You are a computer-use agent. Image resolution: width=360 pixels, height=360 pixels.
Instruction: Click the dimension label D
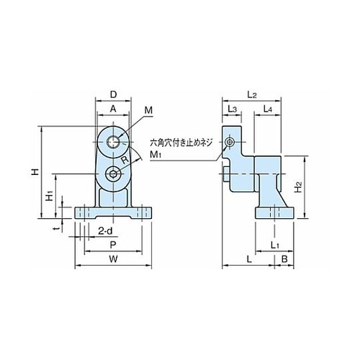tap(113, 94)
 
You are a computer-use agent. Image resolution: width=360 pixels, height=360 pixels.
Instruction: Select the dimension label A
tap(113, 109)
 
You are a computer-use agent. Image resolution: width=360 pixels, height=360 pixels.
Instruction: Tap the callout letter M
tap(148, 110)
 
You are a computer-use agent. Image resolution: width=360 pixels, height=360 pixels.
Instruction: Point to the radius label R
tap(125, 160)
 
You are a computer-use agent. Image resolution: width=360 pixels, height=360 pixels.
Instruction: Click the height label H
tap(35, 172)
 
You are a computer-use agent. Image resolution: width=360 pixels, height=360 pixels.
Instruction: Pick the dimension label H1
tap(49, 196)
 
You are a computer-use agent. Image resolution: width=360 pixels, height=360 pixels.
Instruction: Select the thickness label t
tap(57, 229)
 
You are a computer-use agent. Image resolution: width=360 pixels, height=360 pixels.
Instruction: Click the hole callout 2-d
tap(105, 231)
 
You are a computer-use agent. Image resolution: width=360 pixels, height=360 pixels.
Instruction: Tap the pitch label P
tap(113, 245)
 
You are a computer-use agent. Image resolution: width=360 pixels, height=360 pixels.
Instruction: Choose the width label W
tap(113, 259)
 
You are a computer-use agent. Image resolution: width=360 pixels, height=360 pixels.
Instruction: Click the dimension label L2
tap(252, 95)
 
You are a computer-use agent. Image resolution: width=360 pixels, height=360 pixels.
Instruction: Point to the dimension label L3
tap(232, 109)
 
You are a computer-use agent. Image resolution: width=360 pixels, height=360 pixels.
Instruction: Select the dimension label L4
tap(268, 109)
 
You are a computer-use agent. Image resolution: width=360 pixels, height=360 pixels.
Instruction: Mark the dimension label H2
tap(298, 187)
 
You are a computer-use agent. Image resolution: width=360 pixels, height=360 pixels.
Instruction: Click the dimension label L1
tap(275, 246)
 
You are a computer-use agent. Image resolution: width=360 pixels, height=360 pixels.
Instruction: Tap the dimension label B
tap(284, 259)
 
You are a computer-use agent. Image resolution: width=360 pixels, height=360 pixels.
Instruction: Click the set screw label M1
tap(156, 155)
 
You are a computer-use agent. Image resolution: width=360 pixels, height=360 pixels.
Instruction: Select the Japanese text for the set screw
tap(181, 143)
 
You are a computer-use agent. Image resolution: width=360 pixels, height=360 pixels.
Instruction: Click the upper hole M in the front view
tap(113, 142)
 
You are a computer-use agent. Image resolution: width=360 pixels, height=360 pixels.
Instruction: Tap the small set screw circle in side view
tap(230, 143)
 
